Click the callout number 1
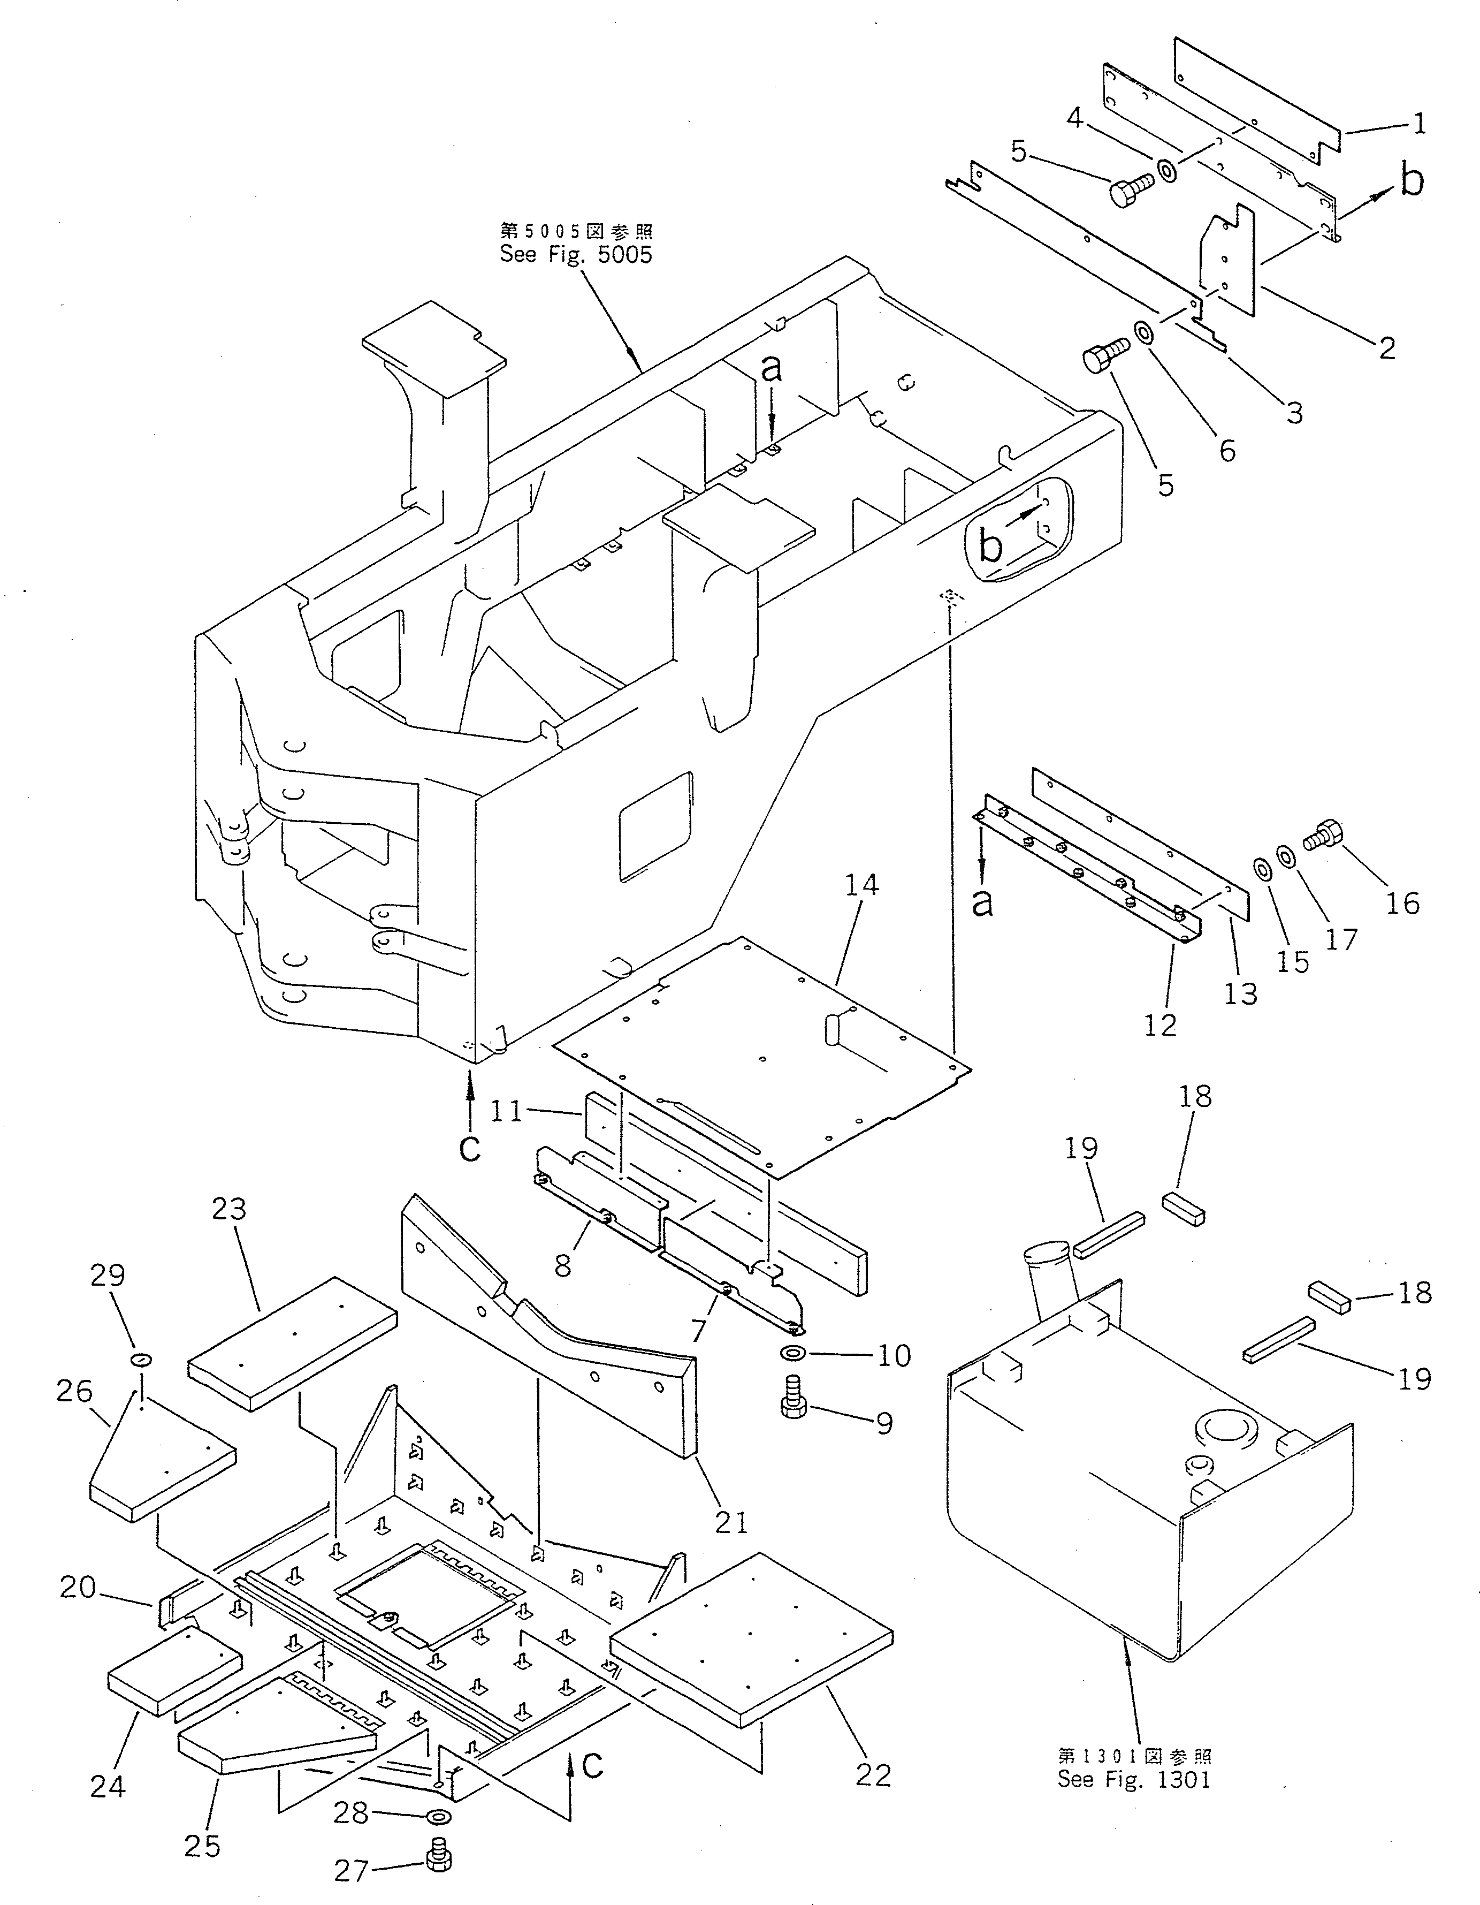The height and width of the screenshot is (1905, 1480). click(1419, 125)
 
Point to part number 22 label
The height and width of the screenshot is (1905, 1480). click(873, 1774)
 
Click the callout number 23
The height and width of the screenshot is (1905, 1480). click(230, 1209)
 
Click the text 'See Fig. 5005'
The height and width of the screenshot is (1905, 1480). click(576, 255)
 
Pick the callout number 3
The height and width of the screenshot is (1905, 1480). click(1294, 412)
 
